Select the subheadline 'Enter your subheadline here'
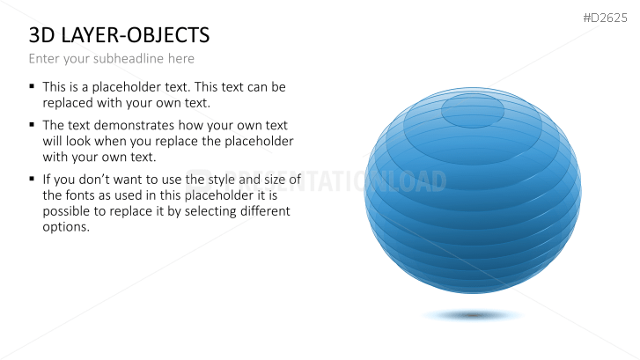pyautogui.click(x=111, y=59)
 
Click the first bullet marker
pyautogui.click(x=33, y=86)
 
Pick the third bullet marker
pyautogui.click(x=33, y=178)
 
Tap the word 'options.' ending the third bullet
pyautogui.click(x=66, y=227)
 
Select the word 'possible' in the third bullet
pyautogui.click(x=67, y=211)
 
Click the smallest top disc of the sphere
pyautogui.click(x=473, y=109)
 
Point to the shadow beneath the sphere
pyautogui.click(x=474, y=314)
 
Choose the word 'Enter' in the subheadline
pyautogui.click(x=45, y=59)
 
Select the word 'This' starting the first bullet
pyautogui.click(x=55, y=87)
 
